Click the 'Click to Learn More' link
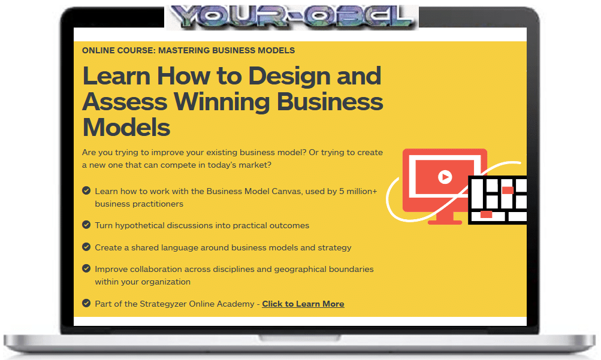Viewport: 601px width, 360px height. point(303,304)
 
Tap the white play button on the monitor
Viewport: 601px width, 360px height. point(445,177)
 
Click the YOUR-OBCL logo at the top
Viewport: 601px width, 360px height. point(292,17)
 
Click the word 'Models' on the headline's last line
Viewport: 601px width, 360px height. point(126,128)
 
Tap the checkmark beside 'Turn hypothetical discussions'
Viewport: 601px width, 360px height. point(86,225)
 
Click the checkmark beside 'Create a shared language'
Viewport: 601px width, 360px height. point(86,247)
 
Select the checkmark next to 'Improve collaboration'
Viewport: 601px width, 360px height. point(86,268)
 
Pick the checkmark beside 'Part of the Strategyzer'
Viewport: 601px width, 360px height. point(86,303)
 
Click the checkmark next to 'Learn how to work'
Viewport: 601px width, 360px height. point(86,190)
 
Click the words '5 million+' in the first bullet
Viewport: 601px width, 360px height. point(358,191)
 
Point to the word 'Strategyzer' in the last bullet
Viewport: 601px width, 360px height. point(163,304)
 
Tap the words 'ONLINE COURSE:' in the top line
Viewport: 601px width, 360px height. point(119,50)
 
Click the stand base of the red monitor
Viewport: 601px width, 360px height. point(445,222)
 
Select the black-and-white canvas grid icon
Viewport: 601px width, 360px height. point(497,199)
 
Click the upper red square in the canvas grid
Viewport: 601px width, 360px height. point(508,190)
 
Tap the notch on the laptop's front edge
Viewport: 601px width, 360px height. point(300,338)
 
